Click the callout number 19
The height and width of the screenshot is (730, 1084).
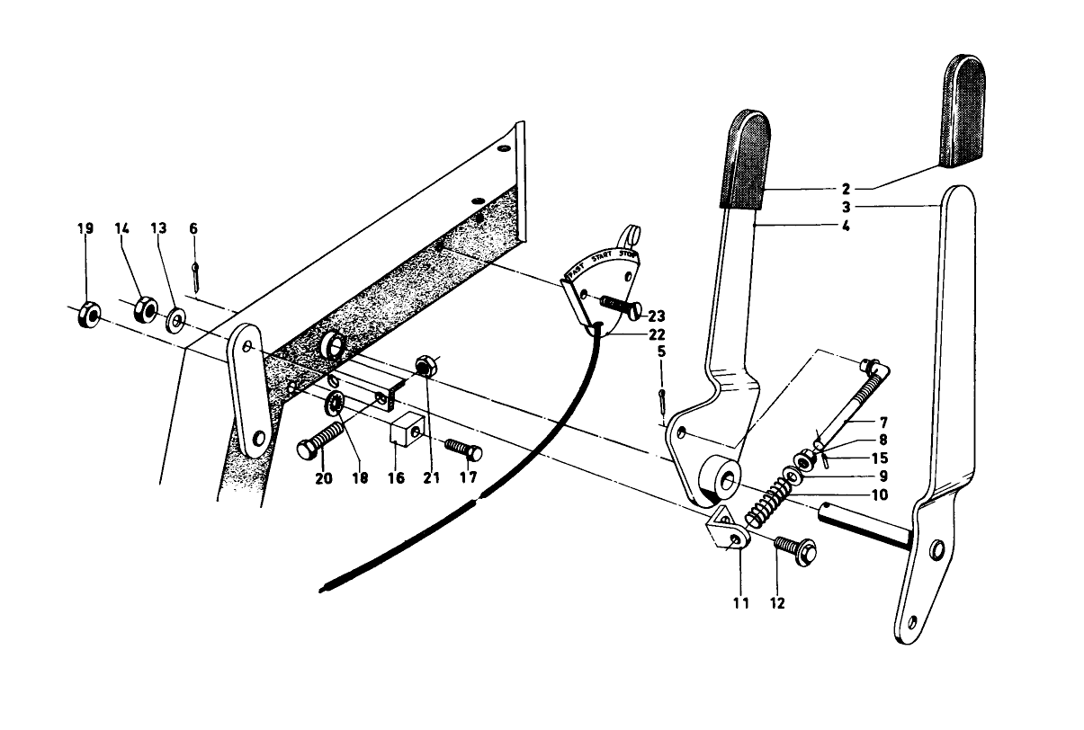tap(85, 230)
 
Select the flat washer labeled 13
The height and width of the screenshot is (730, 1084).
tap(175, 317)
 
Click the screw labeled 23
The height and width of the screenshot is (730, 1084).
tap(622, 307)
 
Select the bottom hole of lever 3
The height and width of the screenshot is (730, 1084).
tap(913, 620)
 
